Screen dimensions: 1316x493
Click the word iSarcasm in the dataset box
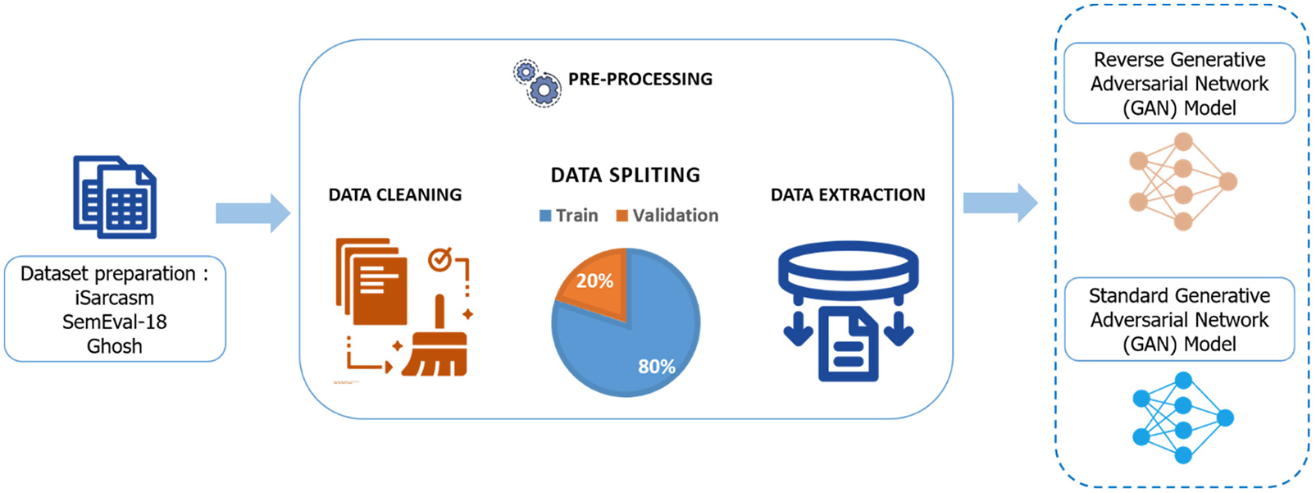point(115,298)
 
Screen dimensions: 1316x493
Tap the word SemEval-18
point(115,322)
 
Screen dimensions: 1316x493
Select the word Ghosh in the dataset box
point(115,346)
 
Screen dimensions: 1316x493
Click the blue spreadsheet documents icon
point(115,196)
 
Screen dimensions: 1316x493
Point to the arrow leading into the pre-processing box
point(253,212)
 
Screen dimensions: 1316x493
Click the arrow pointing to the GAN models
point(1000,203)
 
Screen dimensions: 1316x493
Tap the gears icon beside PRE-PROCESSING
point(537,83)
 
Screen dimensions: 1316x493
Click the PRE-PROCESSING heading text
point(640,79)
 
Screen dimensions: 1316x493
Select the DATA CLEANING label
point(395,194)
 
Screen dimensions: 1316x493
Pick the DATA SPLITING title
point(625,175)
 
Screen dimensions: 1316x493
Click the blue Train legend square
point(545,216)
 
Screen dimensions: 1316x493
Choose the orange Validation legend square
point(622,216)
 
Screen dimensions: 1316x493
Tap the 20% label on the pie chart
point(594,281)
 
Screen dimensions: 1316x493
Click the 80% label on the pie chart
point(657,367)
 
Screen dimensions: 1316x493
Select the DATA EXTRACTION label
point(848,194)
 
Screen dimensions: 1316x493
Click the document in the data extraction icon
point(849,344)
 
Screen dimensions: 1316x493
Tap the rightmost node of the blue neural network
point(1225,418)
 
